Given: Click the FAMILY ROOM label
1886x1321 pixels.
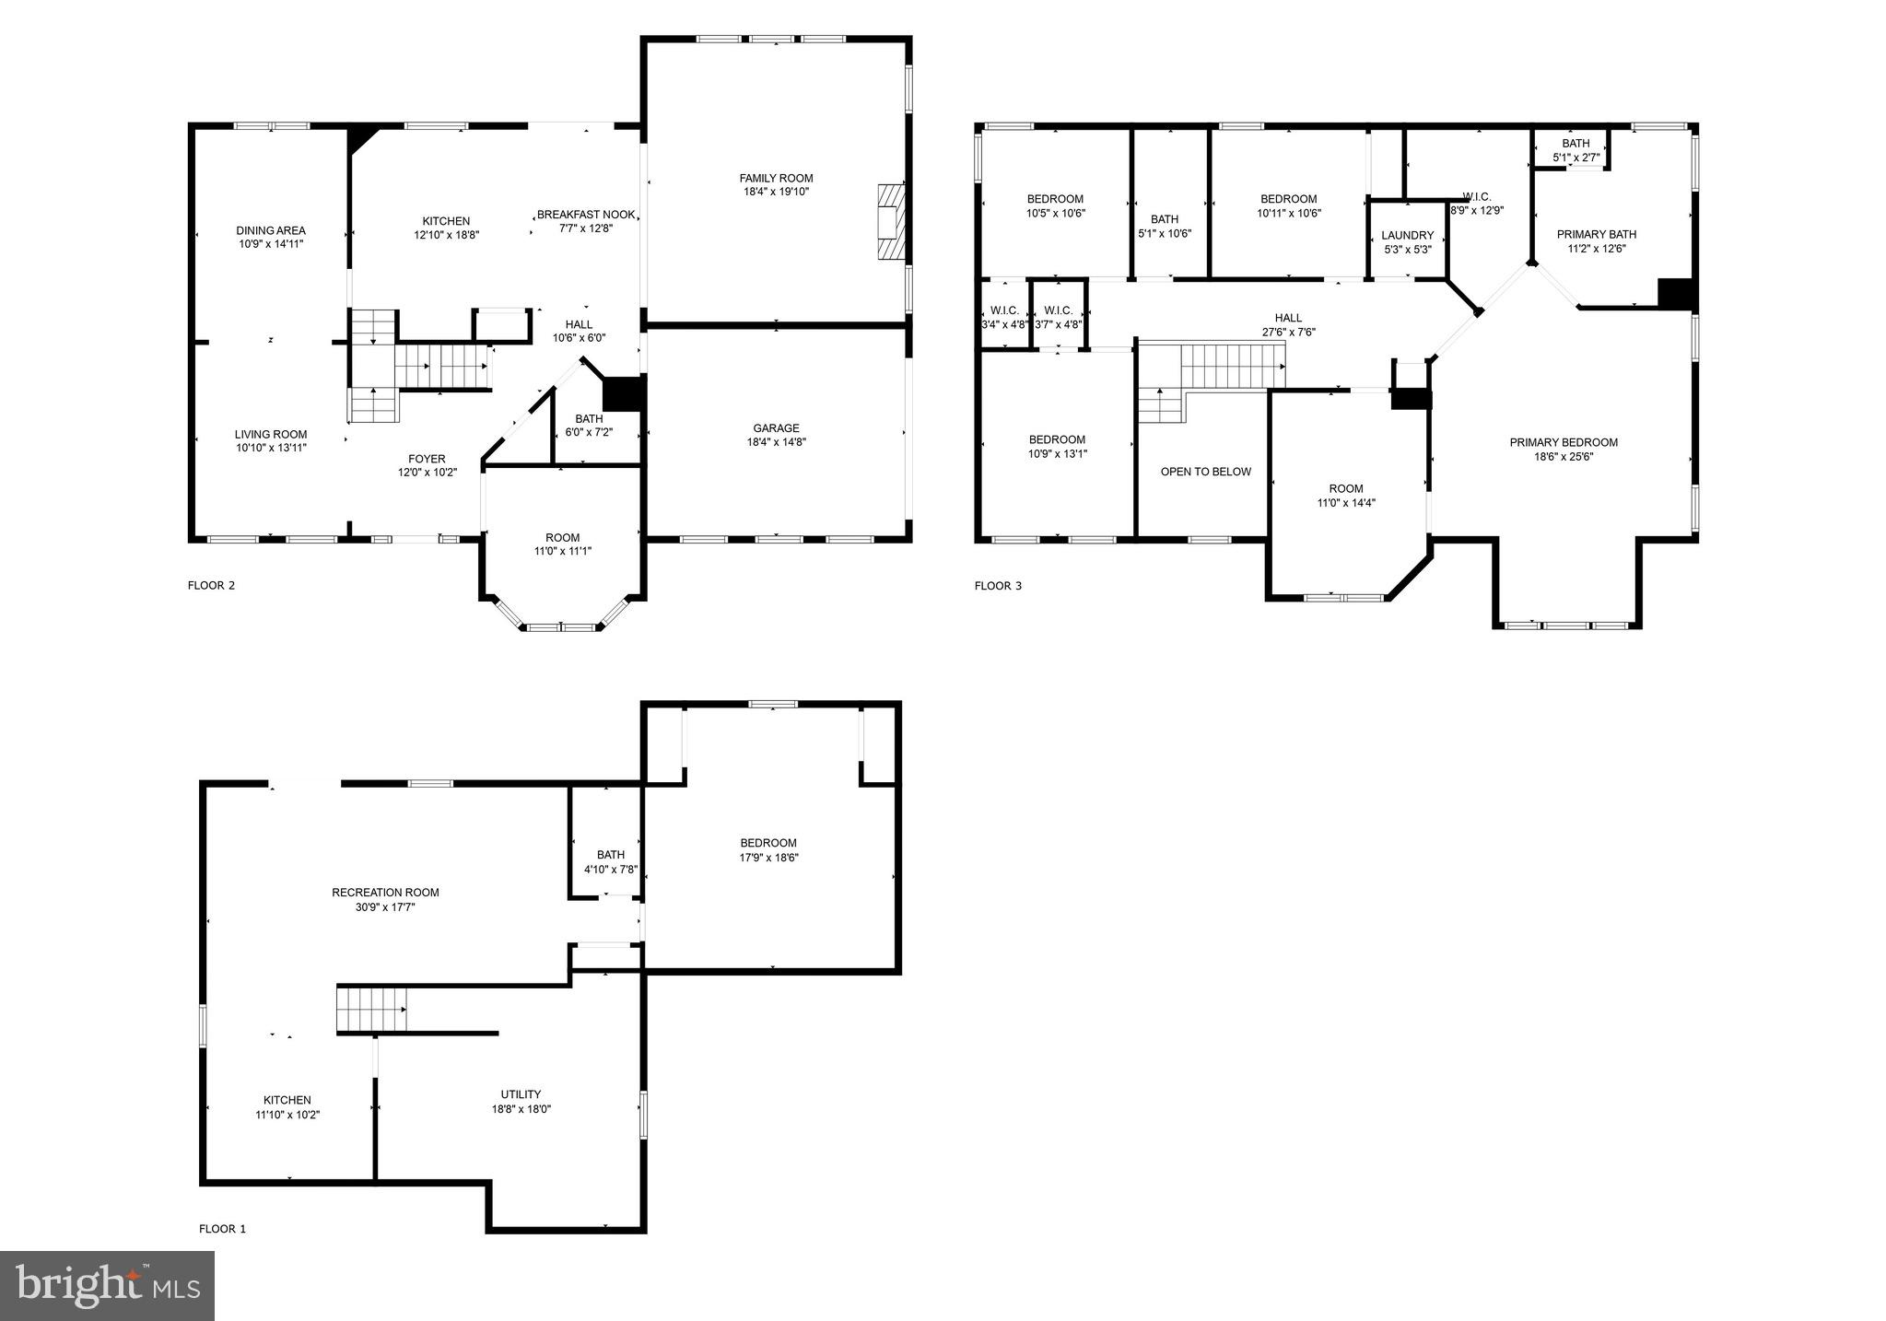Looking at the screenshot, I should pos(776,179).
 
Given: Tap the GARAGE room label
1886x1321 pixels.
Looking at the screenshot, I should pos(776,428).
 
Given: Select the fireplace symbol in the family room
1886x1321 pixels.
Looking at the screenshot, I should pos(891,223).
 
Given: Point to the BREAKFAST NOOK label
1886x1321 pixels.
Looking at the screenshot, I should pos(586,215).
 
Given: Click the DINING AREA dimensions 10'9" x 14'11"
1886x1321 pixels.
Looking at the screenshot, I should pos(271,244).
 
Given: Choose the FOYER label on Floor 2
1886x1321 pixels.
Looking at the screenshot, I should pos(427,459).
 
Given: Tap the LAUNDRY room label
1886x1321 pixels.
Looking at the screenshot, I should pos(1407,236).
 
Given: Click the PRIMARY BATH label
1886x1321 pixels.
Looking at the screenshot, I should pos(1596,234).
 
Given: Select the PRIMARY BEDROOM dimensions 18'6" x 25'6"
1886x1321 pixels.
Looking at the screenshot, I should pos(1564,456).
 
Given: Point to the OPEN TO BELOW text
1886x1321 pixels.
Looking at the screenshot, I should pos(1205,472).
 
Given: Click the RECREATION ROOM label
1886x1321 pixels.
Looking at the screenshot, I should pos(385,893).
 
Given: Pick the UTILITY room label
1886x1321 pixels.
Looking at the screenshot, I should pos(521,1094).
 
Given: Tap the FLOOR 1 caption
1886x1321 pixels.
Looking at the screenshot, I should pos(222,1229).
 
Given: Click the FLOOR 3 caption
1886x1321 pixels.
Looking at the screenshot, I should pos(998,586).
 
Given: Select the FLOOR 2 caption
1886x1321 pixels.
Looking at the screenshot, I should pos(211,585).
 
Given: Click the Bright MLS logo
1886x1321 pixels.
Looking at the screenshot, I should pos(107,1285).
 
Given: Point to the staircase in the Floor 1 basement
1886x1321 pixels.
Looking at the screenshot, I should pos(371,1009).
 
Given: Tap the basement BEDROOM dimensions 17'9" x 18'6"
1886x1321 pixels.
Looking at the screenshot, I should pos(768,858).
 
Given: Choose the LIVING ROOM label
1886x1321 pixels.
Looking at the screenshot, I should pos(271,435).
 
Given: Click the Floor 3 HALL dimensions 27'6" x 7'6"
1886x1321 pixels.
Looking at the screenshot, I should pos(1288,333).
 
